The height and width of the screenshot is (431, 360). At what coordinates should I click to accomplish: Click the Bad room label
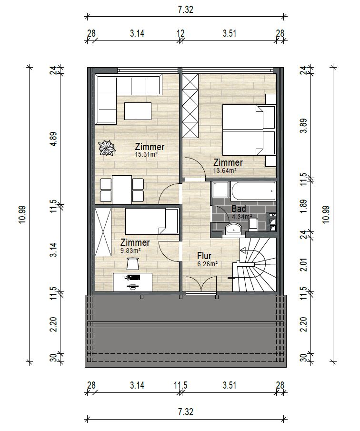(239, 209)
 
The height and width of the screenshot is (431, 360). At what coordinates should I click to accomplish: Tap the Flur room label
(204, 256)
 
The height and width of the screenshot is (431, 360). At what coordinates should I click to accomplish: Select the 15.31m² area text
(146, 154)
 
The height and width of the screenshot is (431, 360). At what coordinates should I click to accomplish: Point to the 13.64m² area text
(225, 170)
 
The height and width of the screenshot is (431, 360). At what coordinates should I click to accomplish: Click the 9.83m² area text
(130, 251)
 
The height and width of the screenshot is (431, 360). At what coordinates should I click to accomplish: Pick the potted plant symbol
(107, 148)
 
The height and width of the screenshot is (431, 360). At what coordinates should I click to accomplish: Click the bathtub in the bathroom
(253, 191)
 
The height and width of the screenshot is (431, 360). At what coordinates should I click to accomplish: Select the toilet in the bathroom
(253, 224)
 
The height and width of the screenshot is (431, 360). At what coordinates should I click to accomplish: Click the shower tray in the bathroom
(220, 190)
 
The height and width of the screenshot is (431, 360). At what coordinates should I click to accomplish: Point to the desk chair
(133, 263)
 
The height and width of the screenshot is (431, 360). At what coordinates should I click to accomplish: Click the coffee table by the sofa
(138, 111)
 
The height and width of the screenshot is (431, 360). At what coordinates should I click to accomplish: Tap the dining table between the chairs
(122, 190)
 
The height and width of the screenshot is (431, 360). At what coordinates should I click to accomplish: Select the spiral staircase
(254, 265)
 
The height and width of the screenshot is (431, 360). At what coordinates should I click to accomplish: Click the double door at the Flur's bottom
(201, 284)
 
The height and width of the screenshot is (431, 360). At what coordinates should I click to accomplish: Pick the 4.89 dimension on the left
(54, 139)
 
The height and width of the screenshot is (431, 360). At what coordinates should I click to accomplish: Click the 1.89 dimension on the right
(303, 206)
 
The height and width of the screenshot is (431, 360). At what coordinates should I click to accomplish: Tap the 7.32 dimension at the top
(186, 10)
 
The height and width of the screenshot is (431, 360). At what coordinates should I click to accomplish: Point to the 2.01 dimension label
(303, 265)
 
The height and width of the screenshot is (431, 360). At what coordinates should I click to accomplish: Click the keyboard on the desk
(133, 277)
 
